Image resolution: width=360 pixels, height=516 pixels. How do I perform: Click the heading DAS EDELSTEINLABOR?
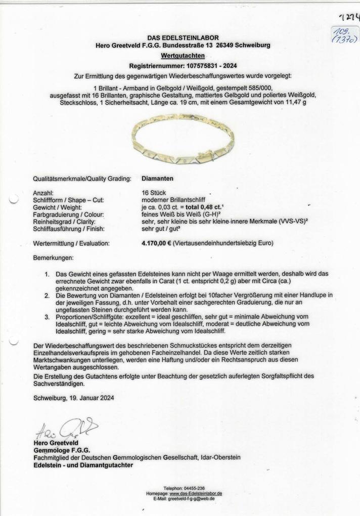click(x=183, y=37)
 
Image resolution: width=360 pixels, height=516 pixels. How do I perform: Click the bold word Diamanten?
click(x=158, y=178)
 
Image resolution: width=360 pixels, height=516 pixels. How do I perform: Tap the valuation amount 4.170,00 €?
click(x=156, y=243)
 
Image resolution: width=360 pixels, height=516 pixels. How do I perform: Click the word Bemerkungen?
click(x=53, y=258)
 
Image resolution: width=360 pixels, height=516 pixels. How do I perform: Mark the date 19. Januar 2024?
click(x=88, y=398)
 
